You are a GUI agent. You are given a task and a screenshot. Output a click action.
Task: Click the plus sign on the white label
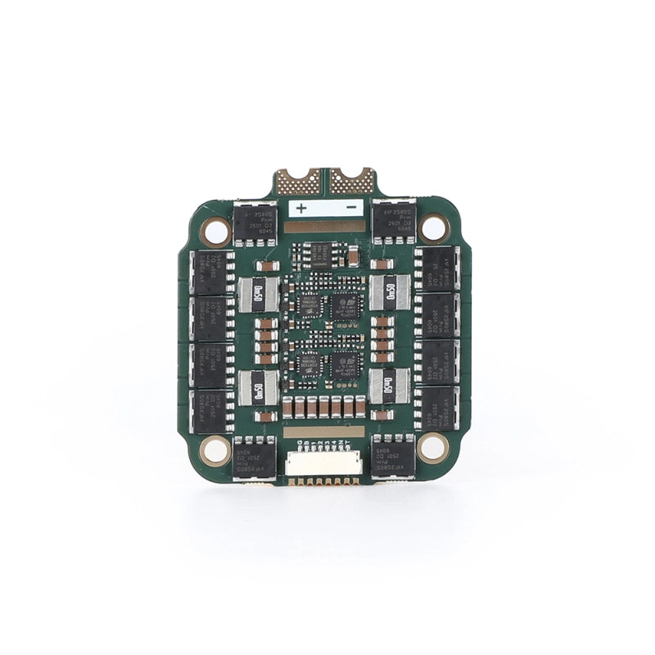point(300,208)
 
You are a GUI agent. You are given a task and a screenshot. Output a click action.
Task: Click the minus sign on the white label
point(350,208)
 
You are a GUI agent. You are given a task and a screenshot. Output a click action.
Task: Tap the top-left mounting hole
point(215,232)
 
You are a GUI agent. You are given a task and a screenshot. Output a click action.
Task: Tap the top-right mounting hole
point(437,230)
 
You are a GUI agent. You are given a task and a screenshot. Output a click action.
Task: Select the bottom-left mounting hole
point(216,448)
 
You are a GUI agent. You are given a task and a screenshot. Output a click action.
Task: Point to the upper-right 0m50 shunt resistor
point(390,290)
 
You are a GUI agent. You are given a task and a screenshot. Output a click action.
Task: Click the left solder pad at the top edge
point(298,179)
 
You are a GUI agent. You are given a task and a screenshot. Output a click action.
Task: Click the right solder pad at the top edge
point(352,179)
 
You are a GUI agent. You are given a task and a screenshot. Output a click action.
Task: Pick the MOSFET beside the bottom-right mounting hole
point(394,458)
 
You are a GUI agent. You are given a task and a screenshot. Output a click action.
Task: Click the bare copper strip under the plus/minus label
point(325,225)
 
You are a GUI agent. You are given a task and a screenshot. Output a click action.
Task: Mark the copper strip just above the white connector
point(325,431)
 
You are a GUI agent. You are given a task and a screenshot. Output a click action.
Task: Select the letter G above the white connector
point(300,443)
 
